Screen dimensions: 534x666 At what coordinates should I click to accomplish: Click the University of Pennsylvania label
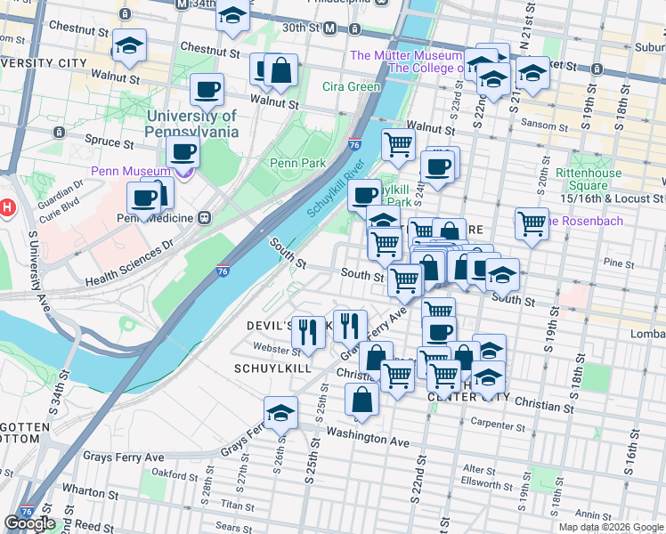point(192,124)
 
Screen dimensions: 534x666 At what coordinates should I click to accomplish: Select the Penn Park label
point(297,163)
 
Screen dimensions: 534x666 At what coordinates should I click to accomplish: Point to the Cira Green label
point(351,87)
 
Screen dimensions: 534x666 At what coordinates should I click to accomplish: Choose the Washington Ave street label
point(366,441)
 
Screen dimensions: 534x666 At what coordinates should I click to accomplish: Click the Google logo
point(29,523)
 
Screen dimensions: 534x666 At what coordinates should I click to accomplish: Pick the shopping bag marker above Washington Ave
point(361,401)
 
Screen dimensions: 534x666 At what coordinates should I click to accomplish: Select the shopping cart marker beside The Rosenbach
point(532,223)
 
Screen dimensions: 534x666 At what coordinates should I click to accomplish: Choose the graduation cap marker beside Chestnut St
point(130,48)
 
